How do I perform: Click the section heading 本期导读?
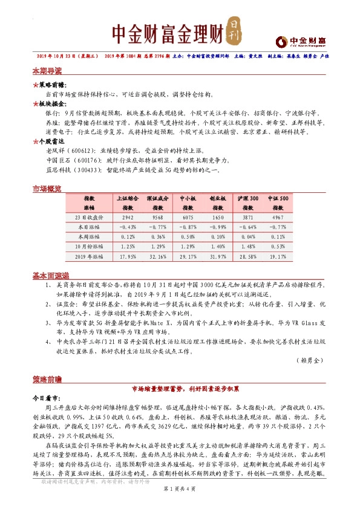pyautogui.click(x=47, y=71)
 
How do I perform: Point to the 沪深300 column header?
pyautogui.click(x=248, y=198)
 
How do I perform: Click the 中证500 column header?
pyautogui.click(x=278, y=198)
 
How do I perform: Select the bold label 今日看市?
pyautogui.click(x=47, y=399)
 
